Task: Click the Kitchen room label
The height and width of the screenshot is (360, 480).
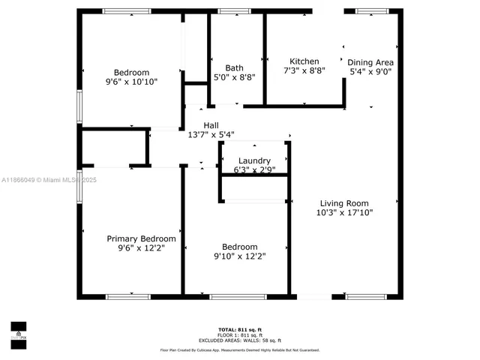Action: pyautogui.click(x=304, y=61)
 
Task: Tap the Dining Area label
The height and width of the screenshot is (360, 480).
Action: pyautogui.click(x=370, y=62)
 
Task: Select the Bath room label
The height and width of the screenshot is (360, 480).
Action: pyautogui.click(x=224, y=67)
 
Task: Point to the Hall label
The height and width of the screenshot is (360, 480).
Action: pyautogui.click(x=211, y=125)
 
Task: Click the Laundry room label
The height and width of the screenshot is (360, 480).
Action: pyautogui.click(x=254, y=160)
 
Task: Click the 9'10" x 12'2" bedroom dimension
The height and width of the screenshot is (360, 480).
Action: pyautogui.click(x=240, y=256)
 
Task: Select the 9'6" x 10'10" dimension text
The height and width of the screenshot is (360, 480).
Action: pyautogui.click(x=131, y=82)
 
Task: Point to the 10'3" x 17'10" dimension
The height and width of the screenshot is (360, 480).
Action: pyautogui.click(x=344, y=213)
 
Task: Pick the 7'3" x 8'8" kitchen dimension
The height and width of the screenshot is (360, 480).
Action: pyautogui.click(x=304, y=71)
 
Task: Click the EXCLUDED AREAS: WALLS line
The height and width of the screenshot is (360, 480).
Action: pyautogui.click(x=240, y=340)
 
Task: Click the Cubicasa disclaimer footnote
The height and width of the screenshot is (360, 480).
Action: pyautogui.click(x=240, y=350)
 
